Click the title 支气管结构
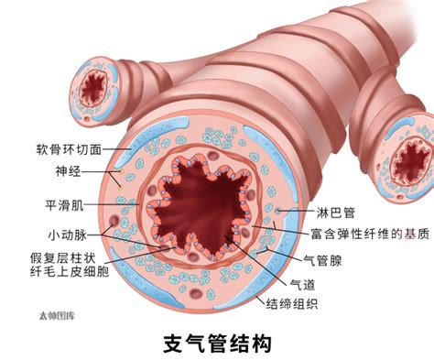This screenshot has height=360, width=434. [x=217, y=342]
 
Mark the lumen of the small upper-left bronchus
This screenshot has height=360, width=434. [x=92, y=88]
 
